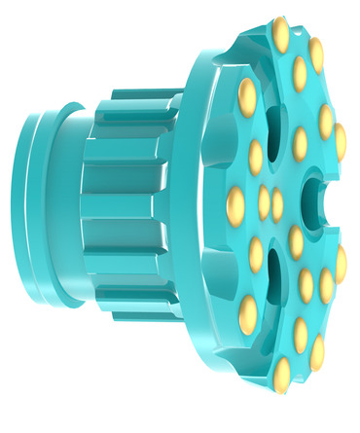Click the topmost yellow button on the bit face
pos(280,35)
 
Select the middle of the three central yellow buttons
pos(264,203)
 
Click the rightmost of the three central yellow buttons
pos(277,205)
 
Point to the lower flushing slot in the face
pos(274,277)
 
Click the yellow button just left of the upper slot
pos(256,157)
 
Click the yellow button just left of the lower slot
pos(256,254)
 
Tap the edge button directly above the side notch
pos(340,142)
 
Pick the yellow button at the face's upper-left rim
pos(247,96)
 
